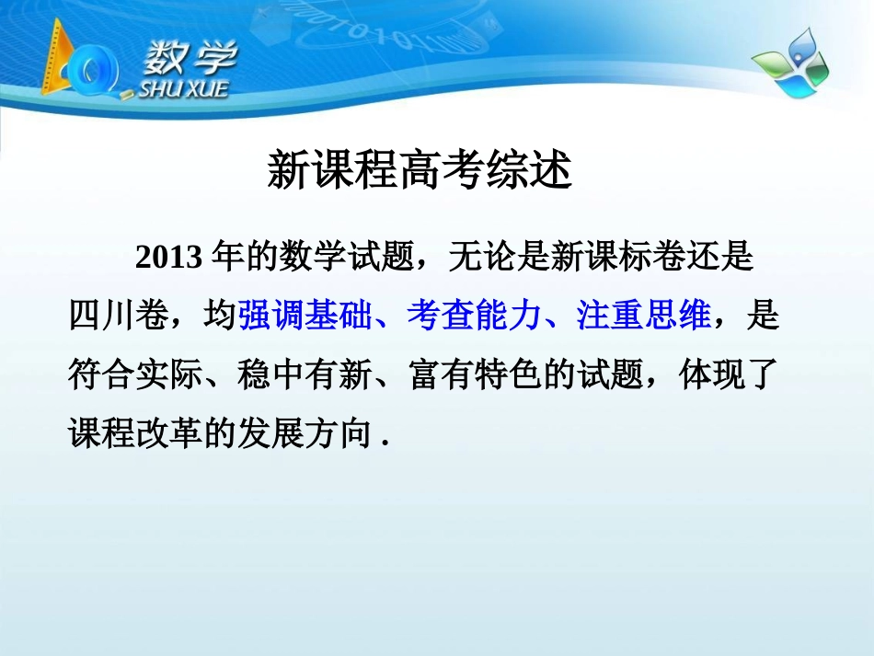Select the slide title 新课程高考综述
tap(420, 171)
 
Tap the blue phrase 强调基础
tap(305, 316)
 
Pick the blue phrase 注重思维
tap(643, 316)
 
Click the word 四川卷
tap(119, 316)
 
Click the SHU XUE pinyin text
tap(182, 88)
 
